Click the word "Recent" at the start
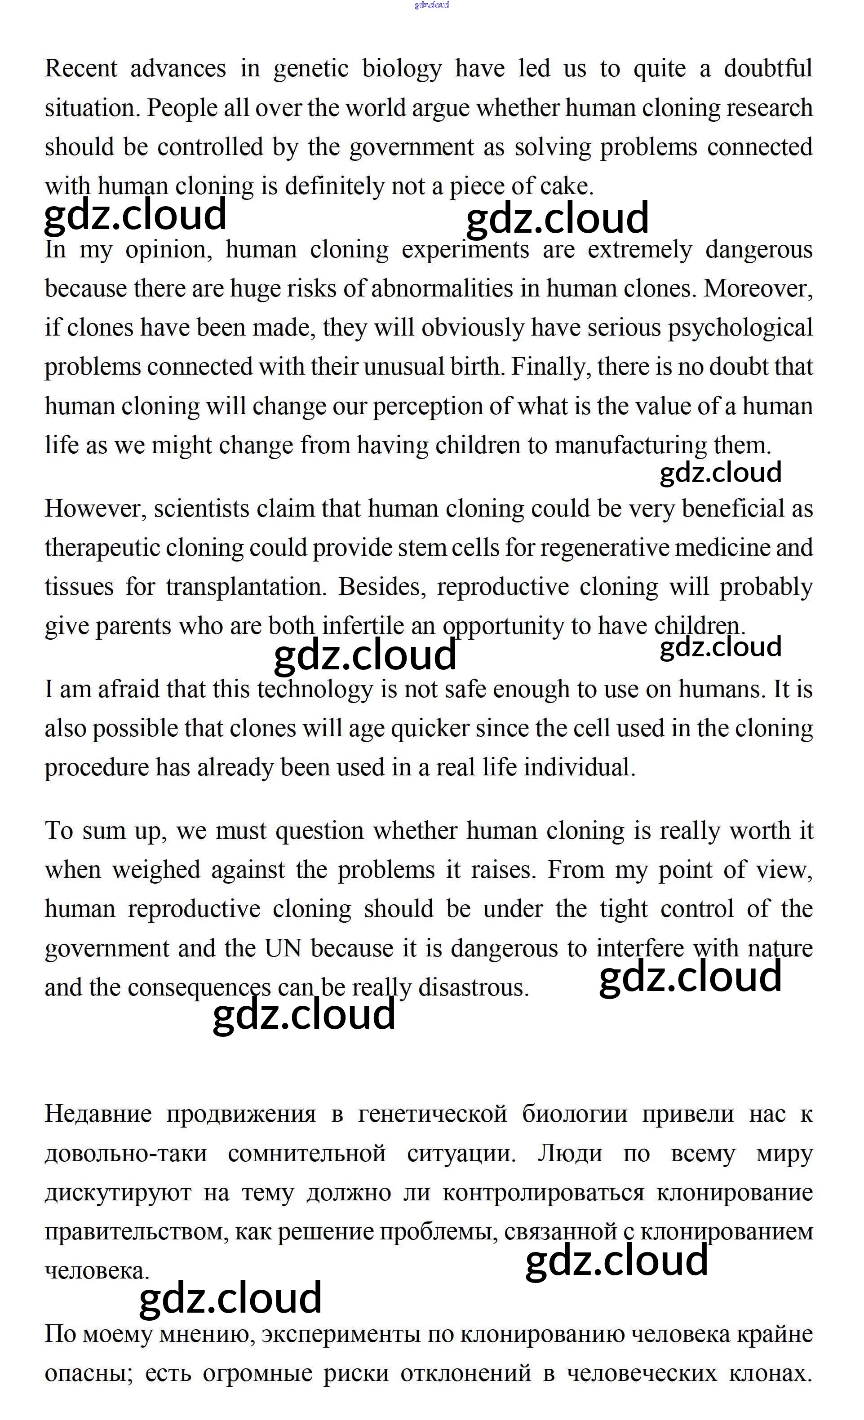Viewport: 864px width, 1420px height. click(81, 69)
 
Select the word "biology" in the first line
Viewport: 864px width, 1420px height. click(402, 69)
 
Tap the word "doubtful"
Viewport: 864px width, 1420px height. click(768, 69)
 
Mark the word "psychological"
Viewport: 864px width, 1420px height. click(740, 328)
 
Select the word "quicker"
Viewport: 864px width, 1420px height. click(430, 729)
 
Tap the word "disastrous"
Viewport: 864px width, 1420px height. click(473, 988)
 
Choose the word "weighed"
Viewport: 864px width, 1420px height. click(155, 870)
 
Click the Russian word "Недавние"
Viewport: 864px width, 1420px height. click(98, 1114)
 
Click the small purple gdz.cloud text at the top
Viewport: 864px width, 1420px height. click(432, 5)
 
